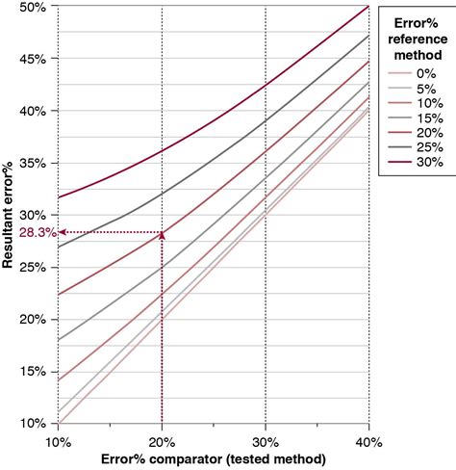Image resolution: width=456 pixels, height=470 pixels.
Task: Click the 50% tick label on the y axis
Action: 33,8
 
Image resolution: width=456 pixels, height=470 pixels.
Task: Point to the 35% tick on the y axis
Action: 33,164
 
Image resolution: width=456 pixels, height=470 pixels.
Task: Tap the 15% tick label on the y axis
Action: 33,372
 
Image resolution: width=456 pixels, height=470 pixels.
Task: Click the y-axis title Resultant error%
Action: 12,217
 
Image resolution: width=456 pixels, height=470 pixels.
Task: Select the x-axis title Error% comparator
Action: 213,458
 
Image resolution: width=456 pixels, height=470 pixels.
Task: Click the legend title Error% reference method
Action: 416,36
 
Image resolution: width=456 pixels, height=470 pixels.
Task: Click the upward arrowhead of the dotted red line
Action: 162,235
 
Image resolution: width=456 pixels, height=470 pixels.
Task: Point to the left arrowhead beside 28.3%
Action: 63,232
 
